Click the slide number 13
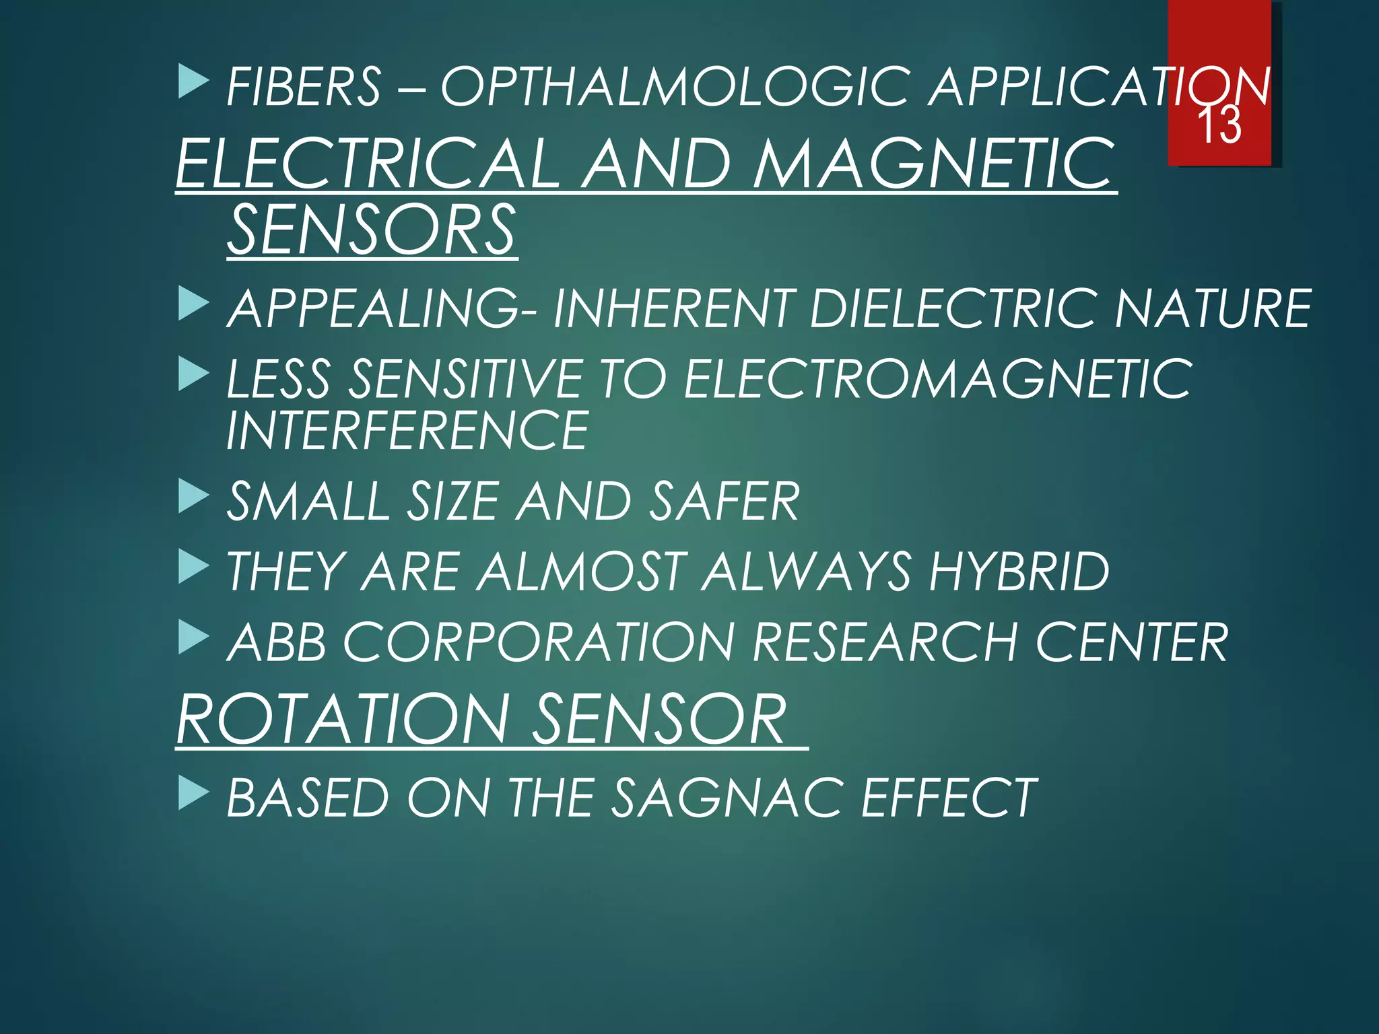(x=1219, y=125)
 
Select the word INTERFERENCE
(x=407, y=431)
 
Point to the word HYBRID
(x=1019, y=572)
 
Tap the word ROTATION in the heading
(x=343, y=719)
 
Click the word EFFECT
(x=949, y=798)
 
